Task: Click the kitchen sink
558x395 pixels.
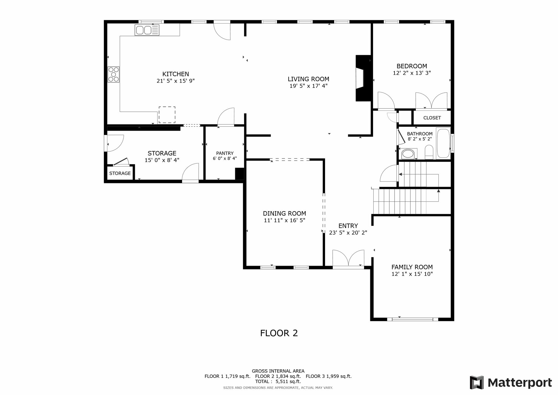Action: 147,30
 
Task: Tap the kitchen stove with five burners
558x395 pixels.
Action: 113,74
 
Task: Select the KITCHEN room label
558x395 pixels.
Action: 175,74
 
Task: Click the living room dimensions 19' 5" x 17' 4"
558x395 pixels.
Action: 308,86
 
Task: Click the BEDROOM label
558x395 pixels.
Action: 412,66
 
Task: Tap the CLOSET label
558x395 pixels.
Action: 432,118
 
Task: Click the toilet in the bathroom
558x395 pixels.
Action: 429,152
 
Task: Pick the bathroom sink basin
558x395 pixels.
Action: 408,154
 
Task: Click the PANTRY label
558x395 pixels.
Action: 225,153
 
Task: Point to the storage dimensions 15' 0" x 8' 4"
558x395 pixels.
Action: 162,160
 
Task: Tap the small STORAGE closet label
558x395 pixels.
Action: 120,173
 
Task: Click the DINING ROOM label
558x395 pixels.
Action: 284,213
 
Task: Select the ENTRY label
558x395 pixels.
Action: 348,226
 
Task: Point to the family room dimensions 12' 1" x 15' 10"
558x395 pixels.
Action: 412,274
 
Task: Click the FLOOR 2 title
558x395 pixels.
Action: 279,333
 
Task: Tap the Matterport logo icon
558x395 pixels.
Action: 477,382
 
